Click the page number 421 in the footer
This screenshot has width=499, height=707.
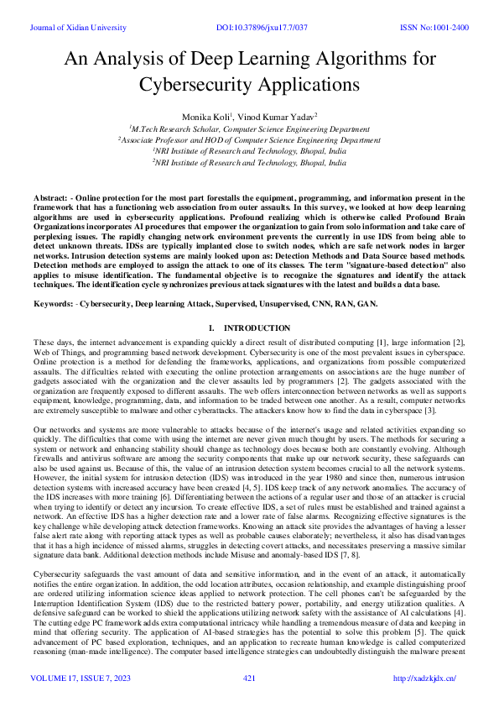pyautogui.click(x=249, y=678)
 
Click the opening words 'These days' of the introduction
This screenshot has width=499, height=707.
pyautogui.click(x=52, y=343)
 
